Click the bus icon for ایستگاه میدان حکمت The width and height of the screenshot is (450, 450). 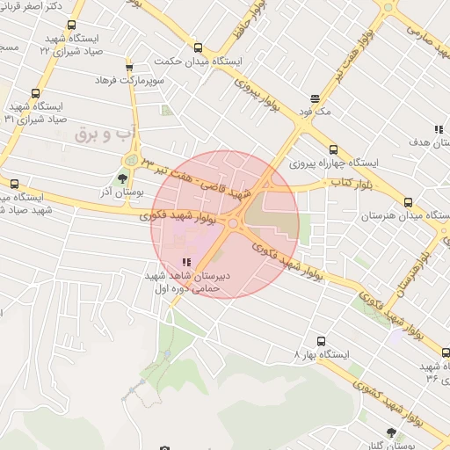pyautogui.click(x=198, y=48)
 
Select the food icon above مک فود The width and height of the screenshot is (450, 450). pyautogui.click(x=315, y=98)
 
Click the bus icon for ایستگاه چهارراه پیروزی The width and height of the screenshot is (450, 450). pyautogui.click(x=332, y=149)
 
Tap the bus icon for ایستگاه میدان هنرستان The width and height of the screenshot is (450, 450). pyautogui.click(x=406, y=201)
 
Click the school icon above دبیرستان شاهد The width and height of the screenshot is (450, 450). pyautogui.click(x=185, y=262)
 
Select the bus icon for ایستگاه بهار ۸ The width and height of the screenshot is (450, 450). pyautogui.click(x=320, y=340)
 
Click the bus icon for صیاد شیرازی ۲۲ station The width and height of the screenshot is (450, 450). pyautogui.click(x=71, y=25)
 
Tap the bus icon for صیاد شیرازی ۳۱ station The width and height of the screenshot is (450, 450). pyautogui.click(x=35, y=93)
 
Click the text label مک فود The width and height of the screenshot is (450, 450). pyautogui.click(x=315, y=112)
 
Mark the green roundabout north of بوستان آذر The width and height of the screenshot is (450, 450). pyautogui.click(x=131, y=160)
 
